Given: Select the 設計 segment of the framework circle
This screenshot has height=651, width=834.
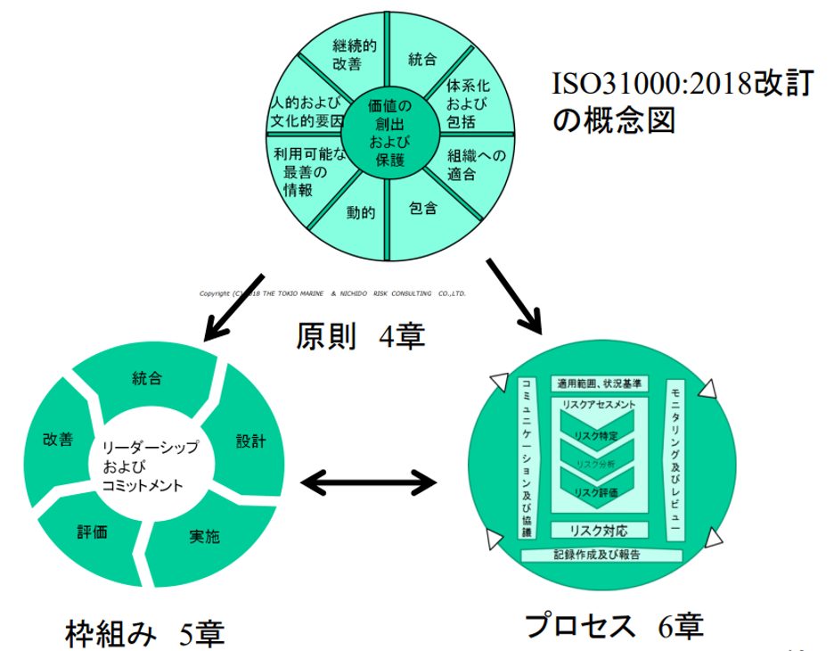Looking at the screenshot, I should pyautogui.click(x=250, y=441).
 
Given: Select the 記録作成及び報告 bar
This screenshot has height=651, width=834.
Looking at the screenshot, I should pyautogui.click(x=601, y=555).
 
